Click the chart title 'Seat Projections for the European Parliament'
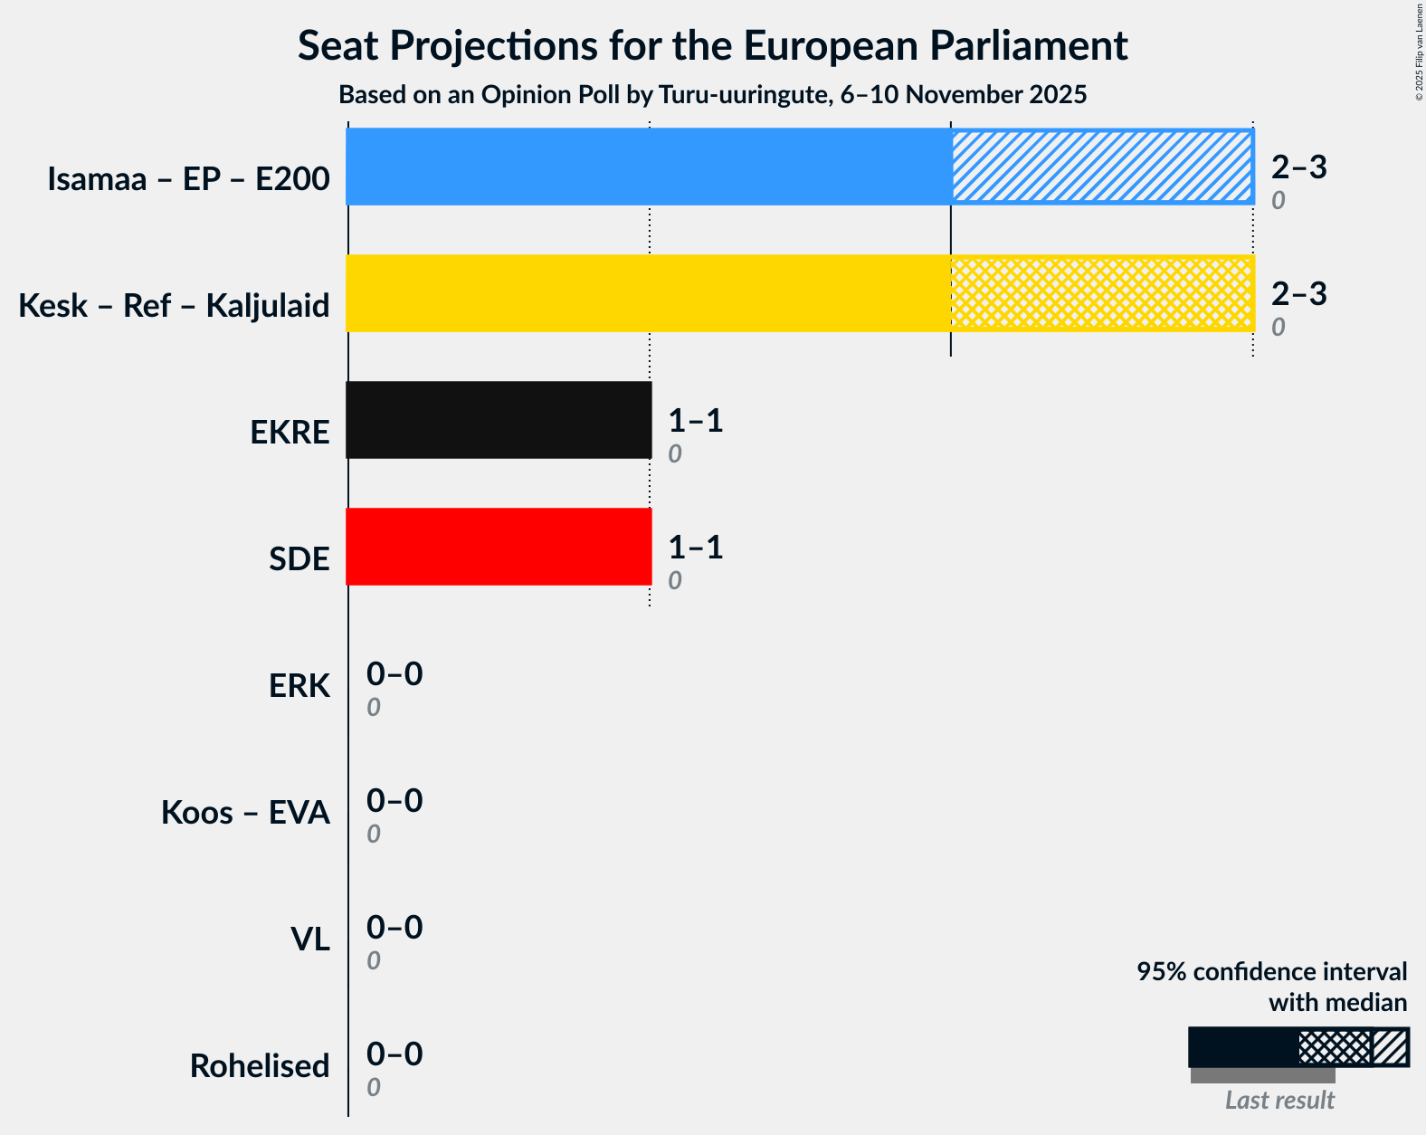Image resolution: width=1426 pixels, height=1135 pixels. click(712, 45)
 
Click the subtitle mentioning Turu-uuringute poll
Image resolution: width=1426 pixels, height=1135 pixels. click(712, 95)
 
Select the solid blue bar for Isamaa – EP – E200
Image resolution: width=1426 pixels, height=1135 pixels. click(648, 167)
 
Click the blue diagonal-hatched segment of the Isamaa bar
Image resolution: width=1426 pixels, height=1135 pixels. click(1101, 167)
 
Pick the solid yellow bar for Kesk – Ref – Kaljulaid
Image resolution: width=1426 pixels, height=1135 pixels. click(648, 293)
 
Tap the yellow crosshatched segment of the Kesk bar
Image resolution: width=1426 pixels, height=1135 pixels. click(1101, 293)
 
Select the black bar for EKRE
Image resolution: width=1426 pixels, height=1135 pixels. click(499, 420)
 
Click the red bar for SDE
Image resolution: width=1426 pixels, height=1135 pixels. click(499, 547)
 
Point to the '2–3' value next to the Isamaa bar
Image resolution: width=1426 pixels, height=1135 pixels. click(1298, 167)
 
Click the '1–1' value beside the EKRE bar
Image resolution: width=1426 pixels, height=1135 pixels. click(696, 420)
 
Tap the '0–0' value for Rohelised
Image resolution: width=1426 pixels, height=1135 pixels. click(395, 1054)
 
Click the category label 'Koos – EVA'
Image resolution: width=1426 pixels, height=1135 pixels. click(245, 813)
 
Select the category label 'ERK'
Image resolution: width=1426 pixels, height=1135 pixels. click(299, 686)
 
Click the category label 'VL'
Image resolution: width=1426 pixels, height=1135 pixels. click(309, 939)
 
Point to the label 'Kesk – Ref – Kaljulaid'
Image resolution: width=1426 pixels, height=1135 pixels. click(174, 306)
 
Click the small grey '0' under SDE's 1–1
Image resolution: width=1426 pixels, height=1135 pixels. click(675, 581)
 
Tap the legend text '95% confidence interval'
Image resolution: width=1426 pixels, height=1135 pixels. click(1271, 971)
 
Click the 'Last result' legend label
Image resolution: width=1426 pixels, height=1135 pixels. click(1279, 1101)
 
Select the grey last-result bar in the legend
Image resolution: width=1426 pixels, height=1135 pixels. click(1262, 1075)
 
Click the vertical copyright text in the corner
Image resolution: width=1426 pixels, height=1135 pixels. click(1419, 52)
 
